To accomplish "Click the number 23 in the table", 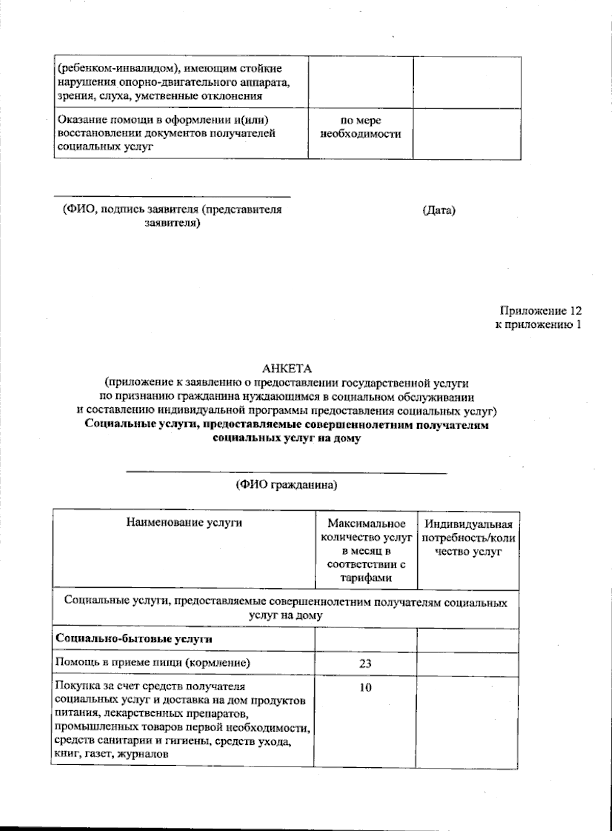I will pyautogui.click(x=365, y=663).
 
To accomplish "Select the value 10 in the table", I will pyautogui.click(x=365, y=687).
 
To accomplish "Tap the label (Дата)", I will pyautogui.click(x=439, y=210).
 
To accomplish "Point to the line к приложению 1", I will pyautogui.click(x=538, y=325).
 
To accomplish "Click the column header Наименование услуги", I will pyautogui.click(x=184, y=523).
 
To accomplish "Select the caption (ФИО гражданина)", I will pyautogui.click(x=286, y=485).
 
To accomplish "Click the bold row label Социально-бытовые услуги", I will pyautogui.click(x=134, y=639).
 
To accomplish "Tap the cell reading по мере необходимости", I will pyautogui.click(x=361, y=127).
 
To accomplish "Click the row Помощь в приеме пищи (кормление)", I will pyautogui.click(x=153, y=663).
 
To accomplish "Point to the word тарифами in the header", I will pyautogui.click(x=366, y=578).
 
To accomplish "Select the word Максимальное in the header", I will pyautogui.click(x=366, y=524).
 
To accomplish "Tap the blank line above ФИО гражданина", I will pyautogui.click(x=286, y=473).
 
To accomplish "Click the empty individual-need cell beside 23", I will pyautogui.click(x=468, y=663).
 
